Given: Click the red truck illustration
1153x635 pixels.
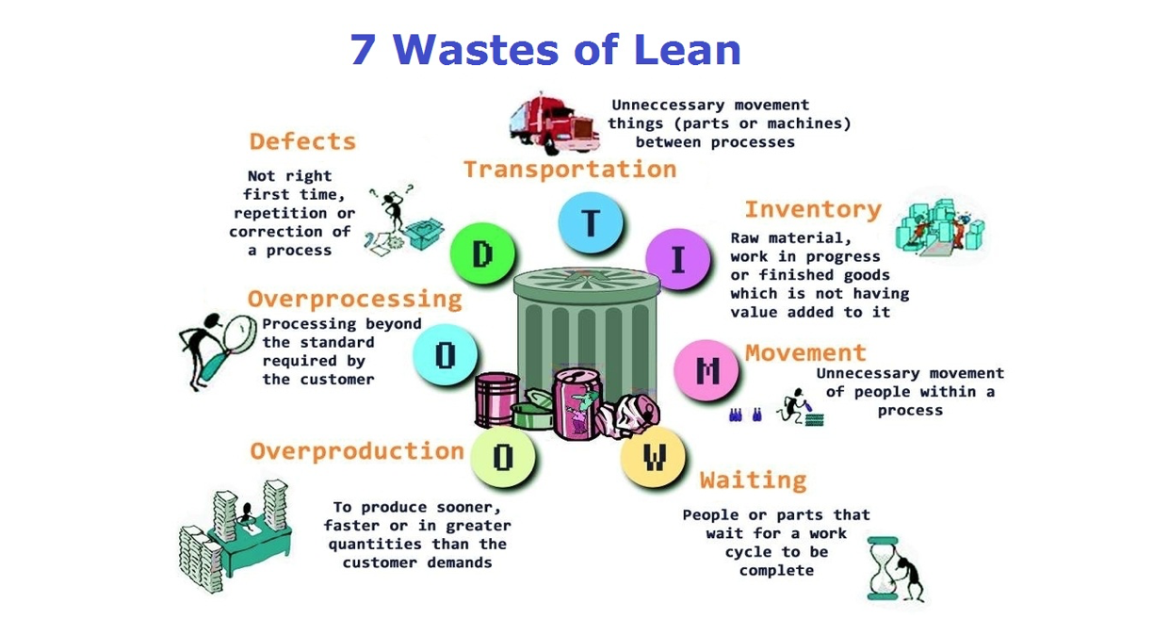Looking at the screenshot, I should pyautogui.click(x=553, y=122).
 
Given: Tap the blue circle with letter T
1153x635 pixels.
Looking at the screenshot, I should pyautogui.click(x=591, y=223).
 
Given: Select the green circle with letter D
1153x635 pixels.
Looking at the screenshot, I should pyautogui.click(x=482, y=254).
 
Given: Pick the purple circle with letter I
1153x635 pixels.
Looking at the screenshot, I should pyautogui.click(x=676, y=257).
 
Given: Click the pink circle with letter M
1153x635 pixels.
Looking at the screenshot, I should pyautogui.click(x=706, y=370).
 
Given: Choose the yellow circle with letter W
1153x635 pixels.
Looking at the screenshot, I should pyautogui.click(x=654, y=458).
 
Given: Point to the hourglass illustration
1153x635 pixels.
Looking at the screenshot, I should pyautogui.click(x=883, y=568).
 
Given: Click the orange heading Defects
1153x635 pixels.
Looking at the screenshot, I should pyautogui.click(x=302, y=142).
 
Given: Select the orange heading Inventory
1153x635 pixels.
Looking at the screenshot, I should pyautogui.click(x=812, y=209).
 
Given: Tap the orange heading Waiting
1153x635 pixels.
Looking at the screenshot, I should pyautogui.click(x=753, y=480).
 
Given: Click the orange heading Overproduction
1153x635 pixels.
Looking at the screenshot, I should pyautogui.click(x=356, y=451).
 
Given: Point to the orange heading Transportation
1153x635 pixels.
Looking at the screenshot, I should pyautogui.click(x=569, y=170).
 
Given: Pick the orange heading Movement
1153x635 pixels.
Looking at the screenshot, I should pyautogui.click(x=805, y=353).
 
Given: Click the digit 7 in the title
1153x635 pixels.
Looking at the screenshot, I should pyautogui.click(x=363, y=49).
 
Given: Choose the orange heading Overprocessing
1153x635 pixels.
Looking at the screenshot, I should pyautogui.click(x=354, y=300).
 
